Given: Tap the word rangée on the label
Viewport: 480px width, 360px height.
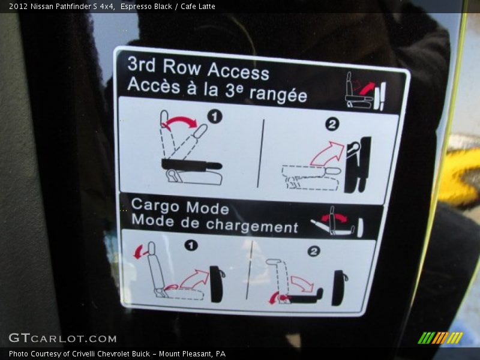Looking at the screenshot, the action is pyautogui.click(x=278, y=94).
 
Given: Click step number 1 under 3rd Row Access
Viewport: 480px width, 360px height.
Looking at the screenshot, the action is pyautogui.click(x=215, y=116).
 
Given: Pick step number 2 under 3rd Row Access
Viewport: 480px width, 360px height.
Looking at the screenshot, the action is pyautogui.click(x=332, y=124).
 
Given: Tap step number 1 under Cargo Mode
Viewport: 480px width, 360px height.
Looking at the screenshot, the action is pyautogui.click(x=191, y=245).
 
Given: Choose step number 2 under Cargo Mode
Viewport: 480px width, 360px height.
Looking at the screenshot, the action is pyautogui.click(x=313, y=251).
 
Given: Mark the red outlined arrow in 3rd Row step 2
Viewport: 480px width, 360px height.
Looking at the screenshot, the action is pyautogui.click(x=328, y=154).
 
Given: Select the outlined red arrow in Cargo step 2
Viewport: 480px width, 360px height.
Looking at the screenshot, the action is pyautogui.click(x=302, y=283).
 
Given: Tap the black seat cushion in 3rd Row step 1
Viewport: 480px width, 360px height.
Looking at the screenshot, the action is pyautogui.click(x=191, y=166).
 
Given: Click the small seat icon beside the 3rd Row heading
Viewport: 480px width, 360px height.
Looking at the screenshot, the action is pyautogui.click(x=365, y=91).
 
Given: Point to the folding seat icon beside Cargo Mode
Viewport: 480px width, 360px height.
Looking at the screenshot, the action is pyautogui.click(x=337, y=221).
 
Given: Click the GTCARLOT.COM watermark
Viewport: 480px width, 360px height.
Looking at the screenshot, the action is pyautogui.click(x=63, y=338).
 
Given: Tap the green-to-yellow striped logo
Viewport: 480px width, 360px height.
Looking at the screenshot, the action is pyautogui.click(x=440, y=338).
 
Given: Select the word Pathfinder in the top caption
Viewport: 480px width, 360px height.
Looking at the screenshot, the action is pyautogui.click(x=73, y=7).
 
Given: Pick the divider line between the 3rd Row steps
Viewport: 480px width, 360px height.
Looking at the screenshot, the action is pyautogui.click(x=261, y=153).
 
